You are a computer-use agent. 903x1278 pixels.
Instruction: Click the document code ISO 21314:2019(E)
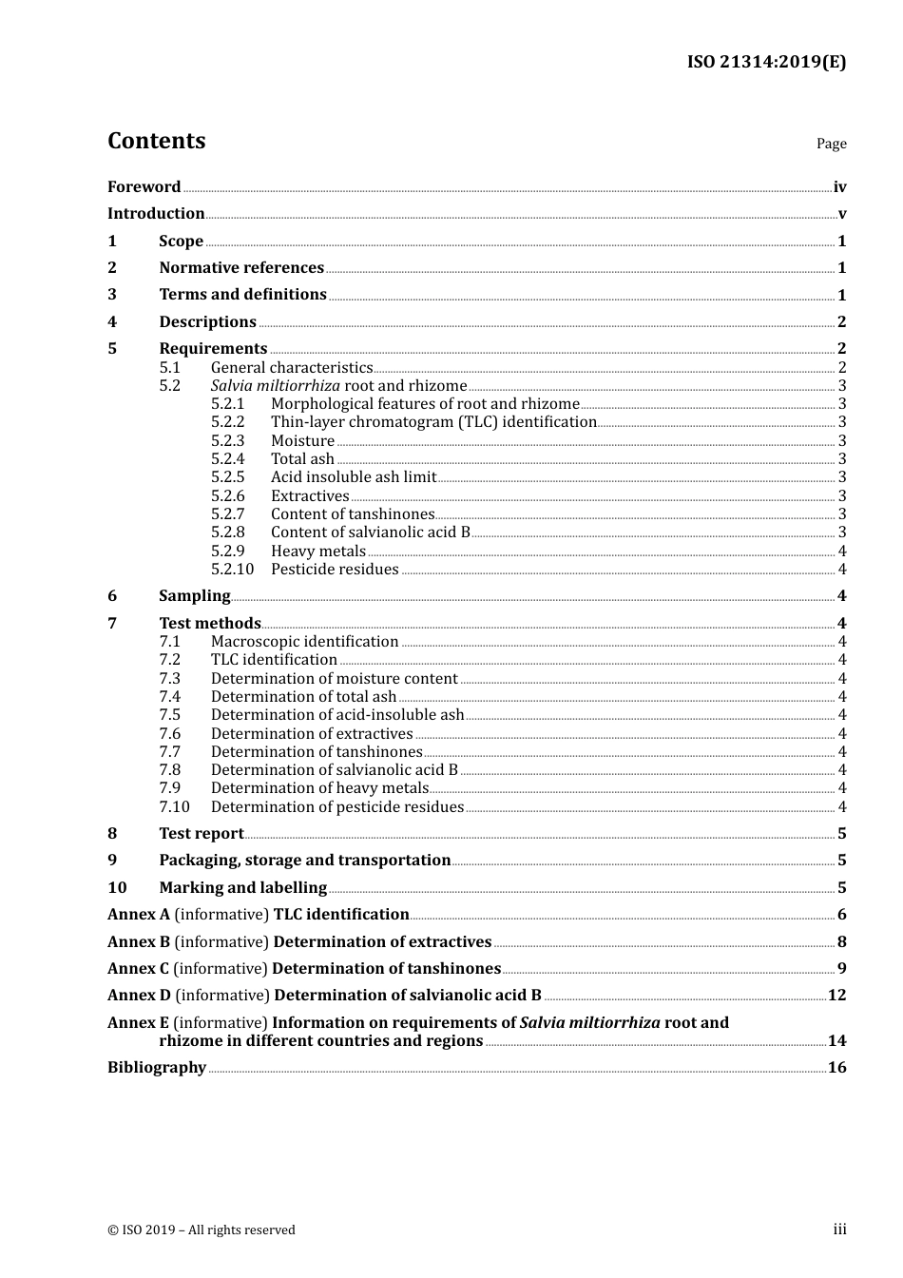coord(766,62)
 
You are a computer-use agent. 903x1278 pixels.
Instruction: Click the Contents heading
coord(156,141)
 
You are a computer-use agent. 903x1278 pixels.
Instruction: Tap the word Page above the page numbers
coord(831,144)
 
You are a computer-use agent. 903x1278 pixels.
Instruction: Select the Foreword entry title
coord(144,187)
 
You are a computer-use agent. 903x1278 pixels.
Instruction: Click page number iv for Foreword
coord(839,187)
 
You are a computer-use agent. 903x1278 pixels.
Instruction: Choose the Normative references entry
coord(241,268)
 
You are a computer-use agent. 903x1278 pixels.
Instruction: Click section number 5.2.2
coord(227,422)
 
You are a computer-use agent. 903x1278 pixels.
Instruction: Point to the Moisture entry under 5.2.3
coord(302,441)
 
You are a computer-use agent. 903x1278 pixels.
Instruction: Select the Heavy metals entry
coord(317,552)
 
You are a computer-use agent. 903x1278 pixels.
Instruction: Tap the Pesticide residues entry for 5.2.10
coord(335,570)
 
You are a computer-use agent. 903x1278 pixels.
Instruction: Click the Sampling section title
coord(194,596)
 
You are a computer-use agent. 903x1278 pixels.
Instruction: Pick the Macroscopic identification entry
coord(304,642)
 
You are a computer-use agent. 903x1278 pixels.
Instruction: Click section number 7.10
coord(174,807)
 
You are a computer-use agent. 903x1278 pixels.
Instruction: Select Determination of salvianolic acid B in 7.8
coord(334,770)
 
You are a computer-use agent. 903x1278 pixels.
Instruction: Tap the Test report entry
coord(201,834)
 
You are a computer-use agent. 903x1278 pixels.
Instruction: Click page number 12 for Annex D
coord(836,996)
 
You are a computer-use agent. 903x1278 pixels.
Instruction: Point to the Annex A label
coord(139,915)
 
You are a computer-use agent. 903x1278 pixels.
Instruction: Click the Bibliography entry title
coord(157,1068)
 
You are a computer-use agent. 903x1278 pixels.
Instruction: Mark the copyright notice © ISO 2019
coord(201,1230)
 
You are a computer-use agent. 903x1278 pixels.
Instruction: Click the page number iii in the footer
coord(839,1230)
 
